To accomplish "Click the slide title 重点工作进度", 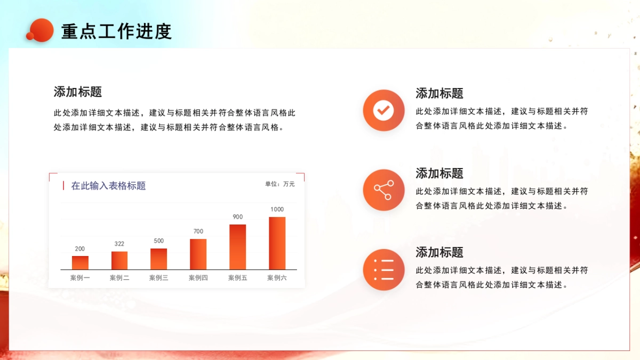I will (116, 31).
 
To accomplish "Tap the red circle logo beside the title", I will (41, 30).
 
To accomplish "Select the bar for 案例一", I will (80, 262).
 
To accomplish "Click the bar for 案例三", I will (158, 259).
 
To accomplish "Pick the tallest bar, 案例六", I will (277, 243).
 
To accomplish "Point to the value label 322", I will (119, 244).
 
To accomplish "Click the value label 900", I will (237, 217).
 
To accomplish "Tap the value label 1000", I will (277, 209).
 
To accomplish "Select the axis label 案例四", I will (198, 278).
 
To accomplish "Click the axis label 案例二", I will (119, 278).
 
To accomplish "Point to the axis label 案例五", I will (237, 278).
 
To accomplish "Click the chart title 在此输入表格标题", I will (108, 186).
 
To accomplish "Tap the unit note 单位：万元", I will (279, 184).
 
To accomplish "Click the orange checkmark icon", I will (383, 110).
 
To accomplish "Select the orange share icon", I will (383, 190).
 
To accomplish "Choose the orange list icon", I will (383, 269).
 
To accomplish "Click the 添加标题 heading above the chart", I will (77, 92).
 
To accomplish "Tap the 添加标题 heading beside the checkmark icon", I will (439, 93).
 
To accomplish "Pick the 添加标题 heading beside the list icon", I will (439, 252).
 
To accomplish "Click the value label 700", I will (198, 231).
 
